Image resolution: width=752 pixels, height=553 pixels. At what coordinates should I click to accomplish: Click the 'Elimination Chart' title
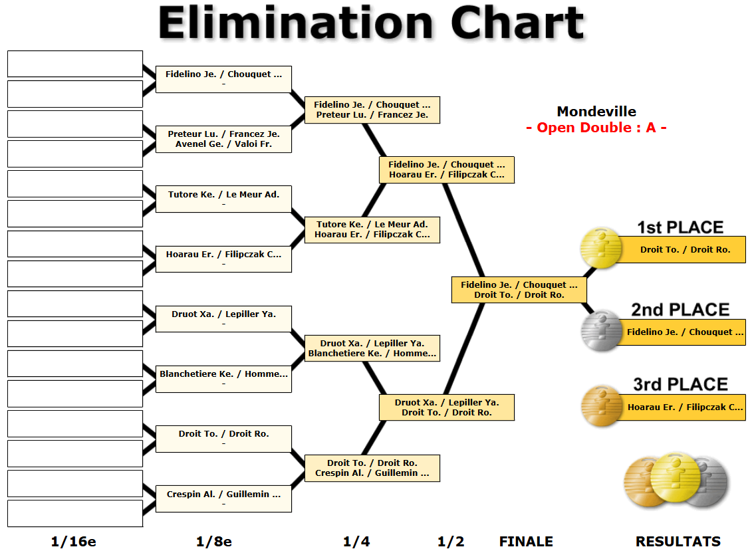[371, 24]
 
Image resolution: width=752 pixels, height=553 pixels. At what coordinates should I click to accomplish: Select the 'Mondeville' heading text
[596, 112]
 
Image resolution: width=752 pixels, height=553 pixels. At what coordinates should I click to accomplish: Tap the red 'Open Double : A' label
[596, 128]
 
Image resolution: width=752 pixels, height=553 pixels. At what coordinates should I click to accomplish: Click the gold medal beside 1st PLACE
[601, 249]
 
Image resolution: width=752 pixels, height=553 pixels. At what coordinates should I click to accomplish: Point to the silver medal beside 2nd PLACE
[601, 331]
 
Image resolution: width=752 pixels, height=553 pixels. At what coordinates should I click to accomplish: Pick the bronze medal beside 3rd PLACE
[601, 406]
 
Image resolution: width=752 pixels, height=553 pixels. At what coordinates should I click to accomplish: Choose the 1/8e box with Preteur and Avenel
[223, 139]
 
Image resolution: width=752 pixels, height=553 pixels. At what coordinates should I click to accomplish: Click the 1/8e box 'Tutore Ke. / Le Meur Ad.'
[223, 199]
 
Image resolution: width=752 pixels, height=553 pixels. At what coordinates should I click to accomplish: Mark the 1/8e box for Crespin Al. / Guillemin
[223, 498]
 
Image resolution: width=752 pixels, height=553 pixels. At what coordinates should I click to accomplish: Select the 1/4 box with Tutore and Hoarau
[372, 229]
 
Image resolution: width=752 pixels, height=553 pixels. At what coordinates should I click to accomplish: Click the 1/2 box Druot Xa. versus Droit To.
[446, 407]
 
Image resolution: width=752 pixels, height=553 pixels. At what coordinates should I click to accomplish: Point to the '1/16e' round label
[73, 542]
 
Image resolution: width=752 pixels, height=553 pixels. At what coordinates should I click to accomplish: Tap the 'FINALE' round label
[526, 542]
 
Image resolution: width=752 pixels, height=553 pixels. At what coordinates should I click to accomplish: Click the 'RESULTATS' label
[678, 542]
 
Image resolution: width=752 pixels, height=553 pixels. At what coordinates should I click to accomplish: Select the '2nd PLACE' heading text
[680, 310]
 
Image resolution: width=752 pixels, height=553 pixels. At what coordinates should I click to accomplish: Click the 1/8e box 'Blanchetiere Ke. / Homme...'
[223, 378]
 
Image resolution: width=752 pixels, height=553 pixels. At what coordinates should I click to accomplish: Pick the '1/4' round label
[356, 542]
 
